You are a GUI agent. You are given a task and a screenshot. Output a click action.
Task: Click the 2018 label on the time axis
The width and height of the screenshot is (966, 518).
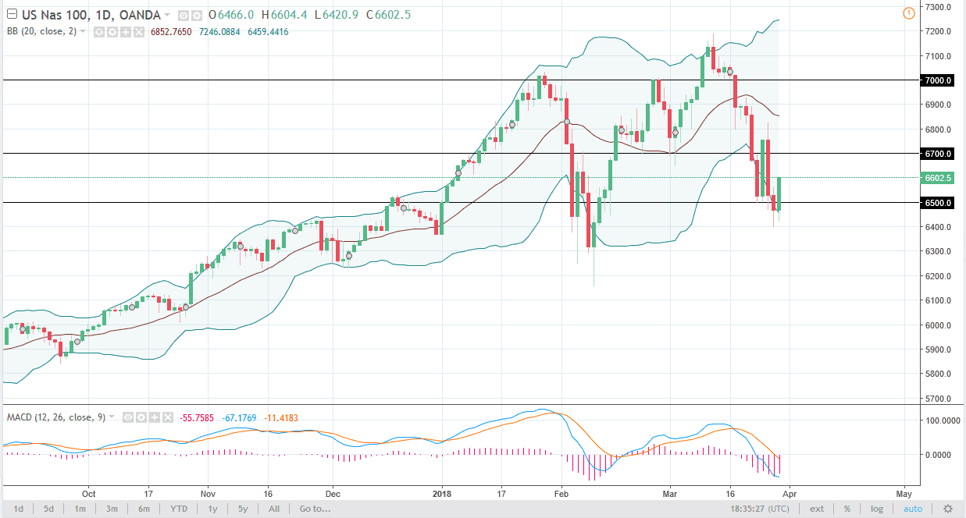click(x=442, y=494)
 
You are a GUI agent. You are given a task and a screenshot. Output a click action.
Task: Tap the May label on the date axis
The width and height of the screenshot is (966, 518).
click(x=904, y=494)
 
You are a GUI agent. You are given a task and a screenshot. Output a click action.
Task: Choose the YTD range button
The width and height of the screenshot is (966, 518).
click(x=180, y=509)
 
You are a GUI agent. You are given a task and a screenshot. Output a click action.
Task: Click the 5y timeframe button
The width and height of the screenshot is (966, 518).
click(x=244, y=509)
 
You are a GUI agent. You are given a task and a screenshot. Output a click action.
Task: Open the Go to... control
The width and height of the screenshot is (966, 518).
click(x=315, y=509)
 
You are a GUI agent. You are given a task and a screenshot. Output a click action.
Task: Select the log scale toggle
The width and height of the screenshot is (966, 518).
click(x=877, y=509)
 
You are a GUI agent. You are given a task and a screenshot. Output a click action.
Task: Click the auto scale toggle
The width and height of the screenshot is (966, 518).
click(x=912, y=509)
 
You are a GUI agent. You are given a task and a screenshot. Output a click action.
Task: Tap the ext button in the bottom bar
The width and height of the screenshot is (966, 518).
click(x=816, y=509)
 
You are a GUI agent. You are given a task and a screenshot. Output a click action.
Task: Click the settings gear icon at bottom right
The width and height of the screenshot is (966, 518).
click(x=947, y=509)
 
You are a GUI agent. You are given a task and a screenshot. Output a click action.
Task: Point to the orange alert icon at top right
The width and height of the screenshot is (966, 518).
click(x=907, y=13)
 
